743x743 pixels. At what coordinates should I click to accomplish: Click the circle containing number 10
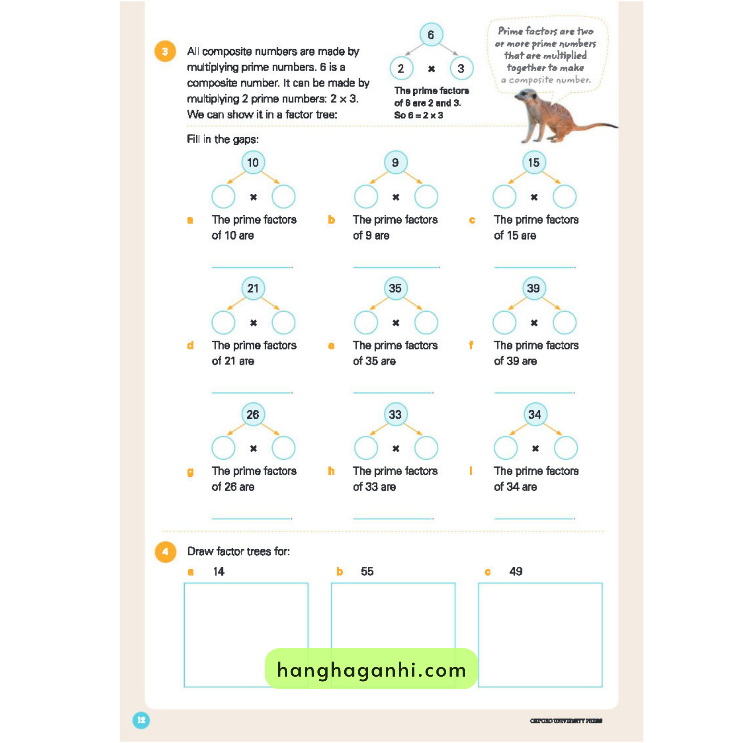coord(253,162)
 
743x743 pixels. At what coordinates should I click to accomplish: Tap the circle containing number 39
coord(533,288)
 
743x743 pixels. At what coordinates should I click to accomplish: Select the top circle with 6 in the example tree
coord(431,34)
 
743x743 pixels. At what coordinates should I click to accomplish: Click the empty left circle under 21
coord(223,322)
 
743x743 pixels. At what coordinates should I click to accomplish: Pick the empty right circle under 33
coord(426,448)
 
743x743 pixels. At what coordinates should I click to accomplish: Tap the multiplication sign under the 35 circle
coord(396,323)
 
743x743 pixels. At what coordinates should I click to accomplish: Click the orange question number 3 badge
coord(165,52)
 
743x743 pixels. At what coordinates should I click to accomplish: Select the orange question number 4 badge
coord(165,552)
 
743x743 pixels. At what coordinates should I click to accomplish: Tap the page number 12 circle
coord(141,720)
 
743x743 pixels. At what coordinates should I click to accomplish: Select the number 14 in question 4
coord(218,571)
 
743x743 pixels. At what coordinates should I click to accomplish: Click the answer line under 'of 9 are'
coord(396,267)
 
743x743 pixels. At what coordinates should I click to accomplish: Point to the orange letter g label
coord(190,472)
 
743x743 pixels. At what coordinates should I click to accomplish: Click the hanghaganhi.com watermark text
coord(371,670)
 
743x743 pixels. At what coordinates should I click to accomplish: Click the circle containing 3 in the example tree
coord(461,69)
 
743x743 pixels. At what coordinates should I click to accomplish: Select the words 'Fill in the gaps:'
coord(223,139)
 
